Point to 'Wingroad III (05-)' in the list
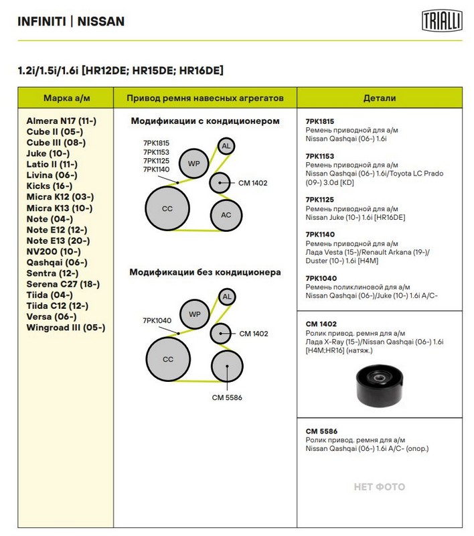click(x=66, y=328)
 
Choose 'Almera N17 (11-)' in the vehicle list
click(x=62, y=121)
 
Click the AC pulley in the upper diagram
click(x=226, y=215)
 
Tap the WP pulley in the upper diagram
click(x=194, y=163)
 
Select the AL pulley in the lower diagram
click(x=226, y=297)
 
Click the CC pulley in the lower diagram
click(x=167, y=359)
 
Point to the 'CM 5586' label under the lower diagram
click(x=226, y=397)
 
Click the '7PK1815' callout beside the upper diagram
click(x=156, y=143)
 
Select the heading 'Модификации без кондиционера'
click(x=205, y=273)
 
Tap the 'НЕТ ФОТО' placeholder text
click(x=379, y=487)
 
